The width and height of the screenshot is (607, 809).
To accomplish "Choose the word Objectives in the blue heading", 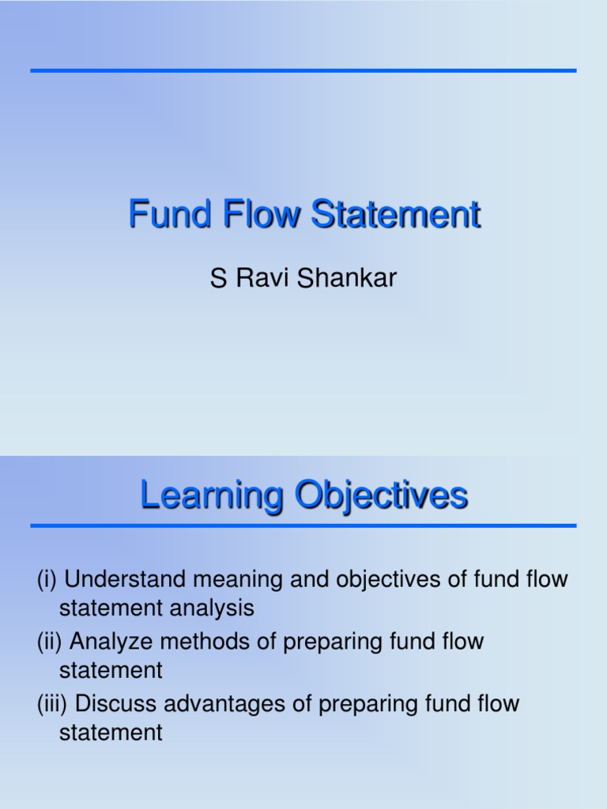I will tap(382, 496).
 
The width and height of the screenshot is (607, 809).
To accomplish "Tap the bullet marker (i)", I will tap(47, 579).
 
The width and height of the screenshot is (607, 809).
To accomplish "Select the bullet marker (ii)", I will tap(50, 641).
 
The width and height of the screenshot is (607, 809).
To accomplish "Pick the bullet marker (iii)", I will tap(52, 702).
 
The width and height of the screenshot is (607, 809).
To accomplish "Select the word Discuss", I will tap(115, 702).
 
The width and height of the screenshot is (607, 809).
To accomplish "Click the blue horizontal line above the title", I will tap(303, 71).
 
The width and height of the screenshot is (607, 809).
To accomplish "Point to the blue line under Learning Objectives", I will tap(303, 525).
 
